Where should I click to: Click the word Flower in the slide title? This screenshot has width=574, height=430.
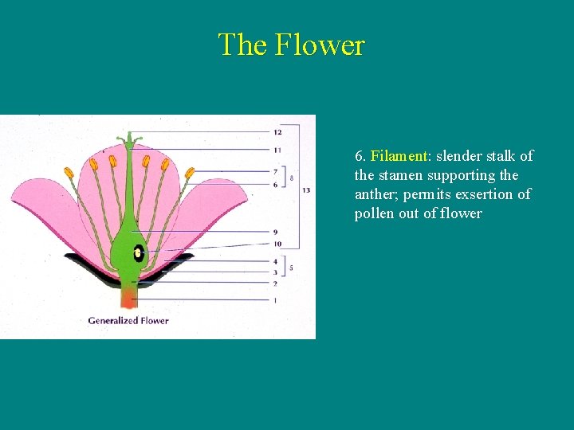pos(320,45)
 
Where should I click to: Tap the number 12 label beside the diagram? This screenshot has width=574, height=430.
pos(277,131)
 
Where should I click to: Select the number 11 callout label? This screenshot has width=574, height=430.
pos(277,150)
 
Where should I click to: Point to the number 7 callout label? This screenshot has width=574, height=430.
pos(275,171)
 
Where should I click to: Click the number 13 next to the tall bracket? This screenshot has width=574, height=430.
pos(306,190)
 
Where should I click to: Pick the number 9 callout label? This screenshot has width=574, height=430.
pos(275,232)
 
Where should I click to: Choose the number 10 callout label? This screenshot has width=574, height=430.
pos(277,244)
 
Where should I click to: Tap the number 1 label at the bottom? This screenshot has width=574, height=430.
pos(275,300)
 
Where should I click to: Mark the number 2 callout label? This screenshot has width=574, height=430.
pos(275,283)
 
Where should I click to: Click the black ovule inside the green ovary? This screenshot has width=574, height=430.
pos(139,253)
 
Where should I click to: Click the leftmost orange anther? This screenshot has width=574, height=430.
pos(69,171)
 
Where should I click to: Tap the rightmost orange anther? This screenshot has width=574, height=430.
pos(190,172)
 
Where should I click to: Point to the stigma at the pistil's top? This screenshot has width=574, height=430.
pos(129,140)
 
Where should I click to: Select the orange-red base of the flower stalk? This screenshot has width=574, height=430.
pos(128,299)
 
